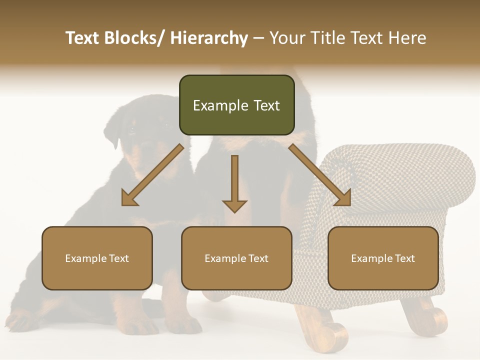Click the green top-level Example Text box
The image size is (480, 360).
[x=236, y=105]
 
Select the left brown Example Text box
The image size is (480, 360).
[x=97, y=258]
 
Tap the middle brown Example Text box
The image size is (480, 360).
[x=236, y=258]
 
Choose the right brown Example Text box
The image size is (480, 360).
[x=383, y=258]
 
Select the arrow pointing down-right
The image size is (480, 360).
[x=320, y=175]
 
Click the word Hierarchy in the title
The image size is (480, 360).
[x=209, y=38]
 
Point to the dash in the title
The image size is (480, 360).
[x=258, y=38]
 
